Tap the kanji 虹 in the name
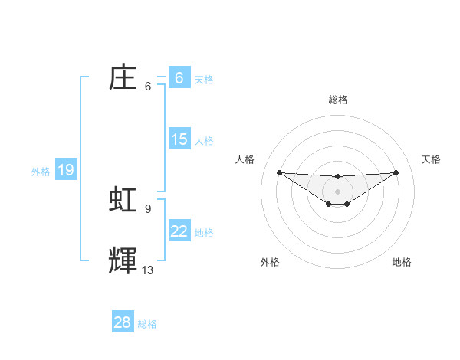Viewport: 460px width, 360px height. [123, 199]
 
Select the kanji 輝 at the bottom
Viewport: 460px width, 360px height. [123, 260]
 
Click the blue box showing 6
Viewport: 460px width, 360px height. [179, 77]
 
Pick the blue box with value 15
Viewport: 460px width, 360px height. [179, 139]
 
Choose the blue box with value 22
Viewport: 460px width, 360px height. [179, 231]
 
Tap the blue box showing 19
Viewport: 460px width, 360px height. [66, 170]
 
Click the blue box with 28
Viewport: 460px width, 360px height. [123, 322]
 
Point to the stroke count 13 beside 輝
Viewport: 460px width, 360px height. [148, 270]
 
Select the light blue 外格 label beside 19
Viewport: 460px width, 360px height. [41, 172]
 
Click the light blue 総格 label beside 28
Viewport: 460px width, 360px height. [147, 324]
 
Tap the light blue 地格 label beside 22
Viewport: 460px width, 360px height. [204, 233]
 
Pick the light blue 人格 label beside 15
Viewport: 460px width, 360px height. [204, 141]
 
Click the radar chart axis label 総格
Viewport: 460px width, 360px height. [337, 100]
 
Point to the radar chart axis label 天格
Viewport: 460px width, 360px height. [431, 159]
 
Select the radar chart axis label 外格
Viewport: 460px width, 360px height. [270, 262]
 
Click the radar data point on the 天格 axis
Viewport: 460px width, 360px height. [396, 172]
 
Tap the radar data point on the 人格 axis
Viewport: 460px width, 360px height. [279, 172]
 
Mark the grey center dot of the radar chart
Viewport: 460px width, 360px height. [337, 191]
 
